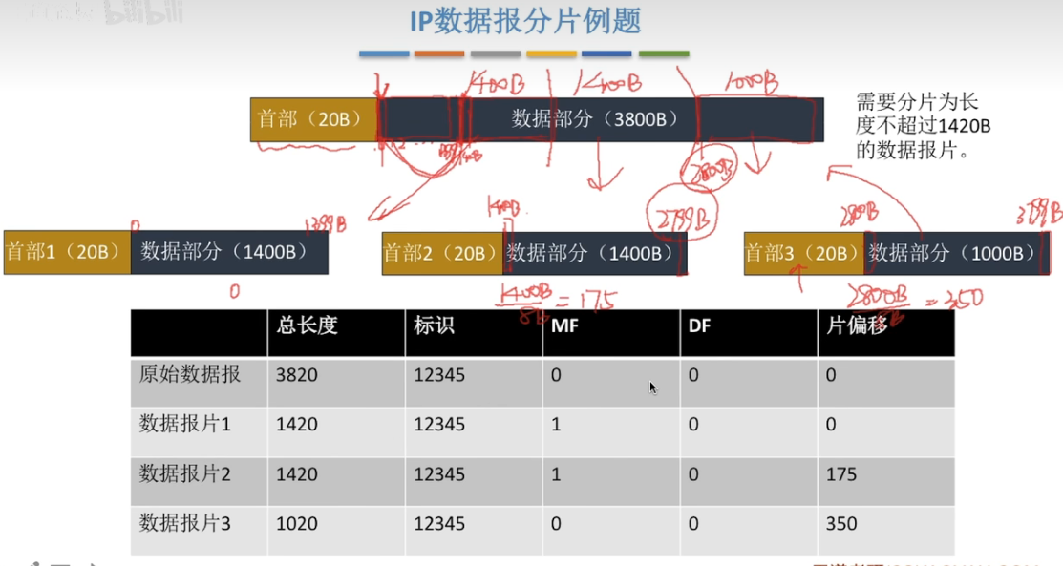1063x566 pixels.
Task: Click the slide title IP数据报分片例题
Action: [525, 21]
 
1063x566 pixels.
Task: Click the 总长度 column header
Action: [307, 325]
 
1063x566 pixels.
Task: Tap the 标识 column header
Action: [434, 325]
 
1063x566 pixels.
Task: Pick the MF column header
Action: [564, 325]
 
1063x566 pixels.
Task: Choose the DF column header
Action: [699, 325]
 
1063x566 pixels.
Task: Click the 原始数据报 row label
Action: [190, 375]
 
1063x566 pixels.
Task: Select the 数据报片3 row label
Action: [185, 523]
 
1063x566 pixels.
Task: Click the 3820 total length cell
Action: [296, 375]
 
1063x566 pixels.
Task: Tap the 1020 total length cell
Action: [296, 523]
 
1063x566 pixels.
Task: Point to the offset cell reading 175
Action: [841, 474]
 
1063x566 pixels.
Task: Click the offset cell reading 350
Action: [841, 523]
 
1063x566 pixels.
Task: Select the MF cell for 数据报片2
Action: [557, 474]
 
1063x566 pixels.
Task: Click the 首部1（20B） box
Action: [66, 252]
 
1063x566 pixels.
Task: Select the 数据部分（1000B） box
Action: [952, 253]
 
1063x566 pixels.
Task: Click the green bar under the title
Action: [663, 54]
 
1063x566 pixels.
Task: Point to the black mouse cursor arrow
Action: [653, 388]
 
